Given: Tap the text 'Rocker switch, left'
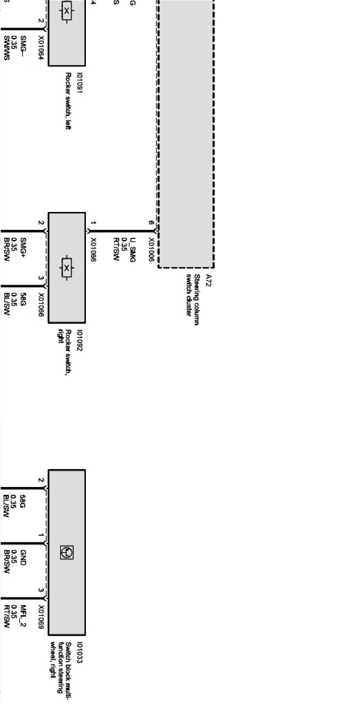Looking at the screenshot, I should (68, 101).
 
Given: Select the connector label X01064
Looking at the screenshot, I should (41, 47).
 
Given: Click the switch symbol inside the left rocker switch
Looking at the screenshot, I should (67, 11).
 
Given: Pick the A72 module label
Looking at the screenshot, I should (209, 280).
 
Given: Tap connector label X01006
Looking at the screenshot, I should (151, 249).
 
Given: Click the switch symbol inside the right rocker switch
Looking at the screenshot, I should (67, 268).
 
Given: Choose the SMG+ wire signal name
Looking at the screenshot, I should (23, 247).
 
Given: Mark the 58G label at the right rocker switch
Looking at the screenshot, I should (23, 302).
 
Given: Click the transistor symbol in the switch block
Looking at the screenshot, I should (67, 552).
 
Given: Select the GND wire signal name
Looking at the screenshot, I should (23, 560).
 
